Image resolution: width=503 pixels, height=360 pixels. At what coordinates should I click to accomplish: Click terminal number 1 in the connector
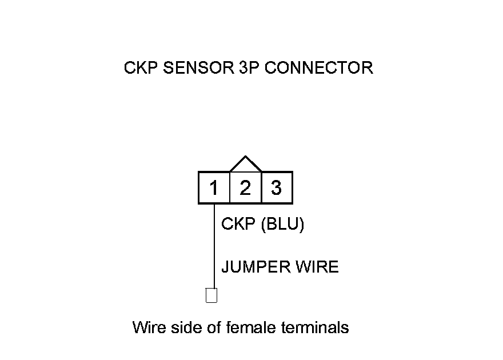214,188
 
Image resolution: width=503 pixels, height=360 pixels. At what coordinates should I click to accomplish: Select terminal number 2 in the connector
245,188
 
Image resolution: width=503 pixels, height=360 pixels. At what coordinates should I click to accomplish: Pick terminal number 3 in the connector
277,188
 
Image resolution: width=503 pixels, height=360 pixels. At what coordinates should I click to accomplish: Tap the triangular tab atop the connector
245,165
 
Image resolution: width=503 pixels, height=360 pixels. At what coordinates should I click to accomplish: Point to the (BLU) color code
282,225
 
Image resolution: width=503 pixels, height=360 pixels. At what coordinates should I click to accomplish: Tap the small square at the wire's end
211,296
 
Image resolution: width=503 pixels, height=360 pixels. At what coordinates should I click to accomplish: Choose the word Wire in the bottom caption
147,327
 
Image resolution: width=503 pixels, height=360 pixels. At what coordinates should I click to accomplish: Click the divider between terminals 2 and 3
261,188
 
